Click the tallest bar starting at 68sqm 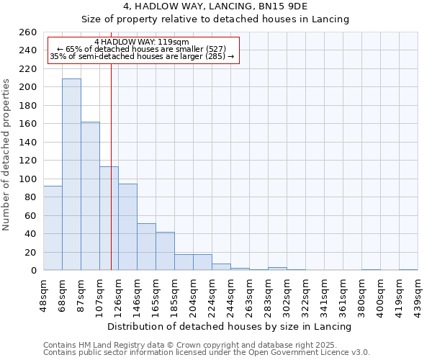[71, 174]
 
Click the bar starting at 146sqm [146, 247]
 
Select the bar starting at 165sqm [165, 251]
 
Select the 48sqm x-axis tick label [43, 292]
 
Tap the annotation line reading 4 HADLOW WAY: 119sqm [142, 42]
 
